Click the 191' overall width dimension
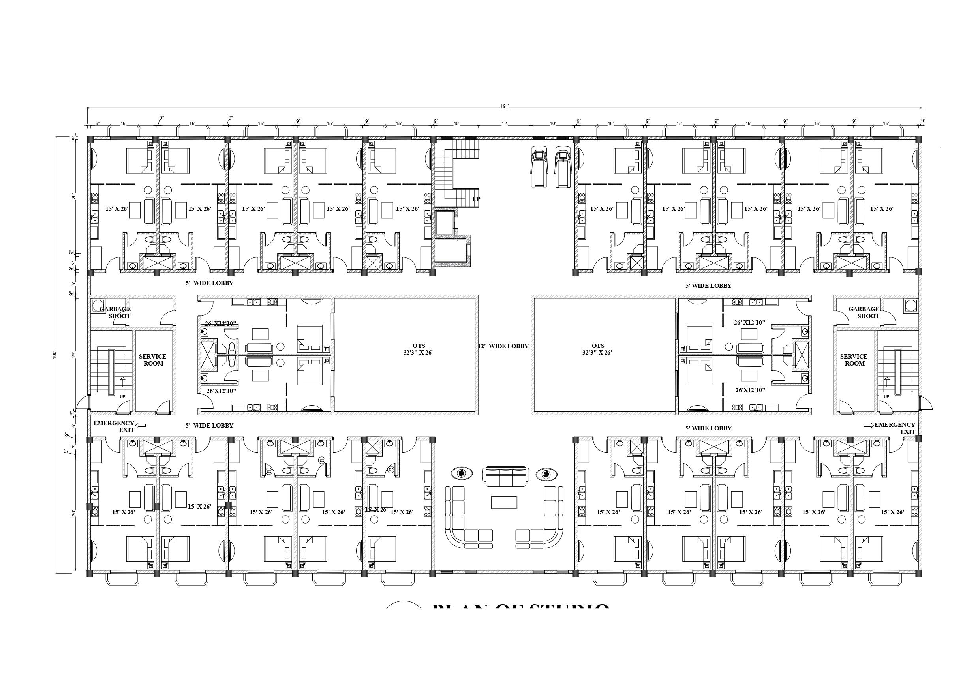pos(505,106)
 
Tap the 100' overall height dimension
pos(54,355)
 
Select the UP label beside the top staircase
pos(476,199)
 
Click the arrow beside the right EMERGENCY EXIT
pos(868,425)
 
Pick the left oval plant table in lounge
pos(462,473)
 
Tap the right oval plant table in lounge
pos(546,474)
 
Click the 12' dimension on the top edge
pos(505,124)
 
